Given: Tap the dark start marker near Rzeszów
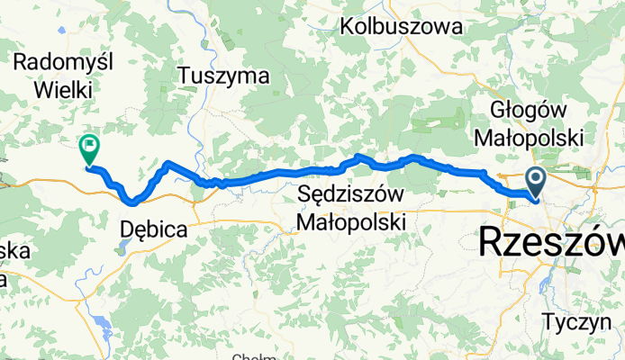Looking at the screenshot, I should click(x=535, y=181).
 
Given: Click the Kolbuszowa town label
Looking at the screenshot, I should click(x=408, y=28).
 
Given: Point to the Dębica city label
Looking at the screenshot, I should click(x=153, y=230).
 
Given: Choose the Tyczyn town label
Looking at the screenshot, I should click(x=575, y=320).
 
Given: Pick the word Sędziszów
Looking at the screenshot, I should click(x=351, y=193).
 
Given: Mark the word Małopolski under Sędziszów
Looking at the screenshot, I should click(x=352, y=221).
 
